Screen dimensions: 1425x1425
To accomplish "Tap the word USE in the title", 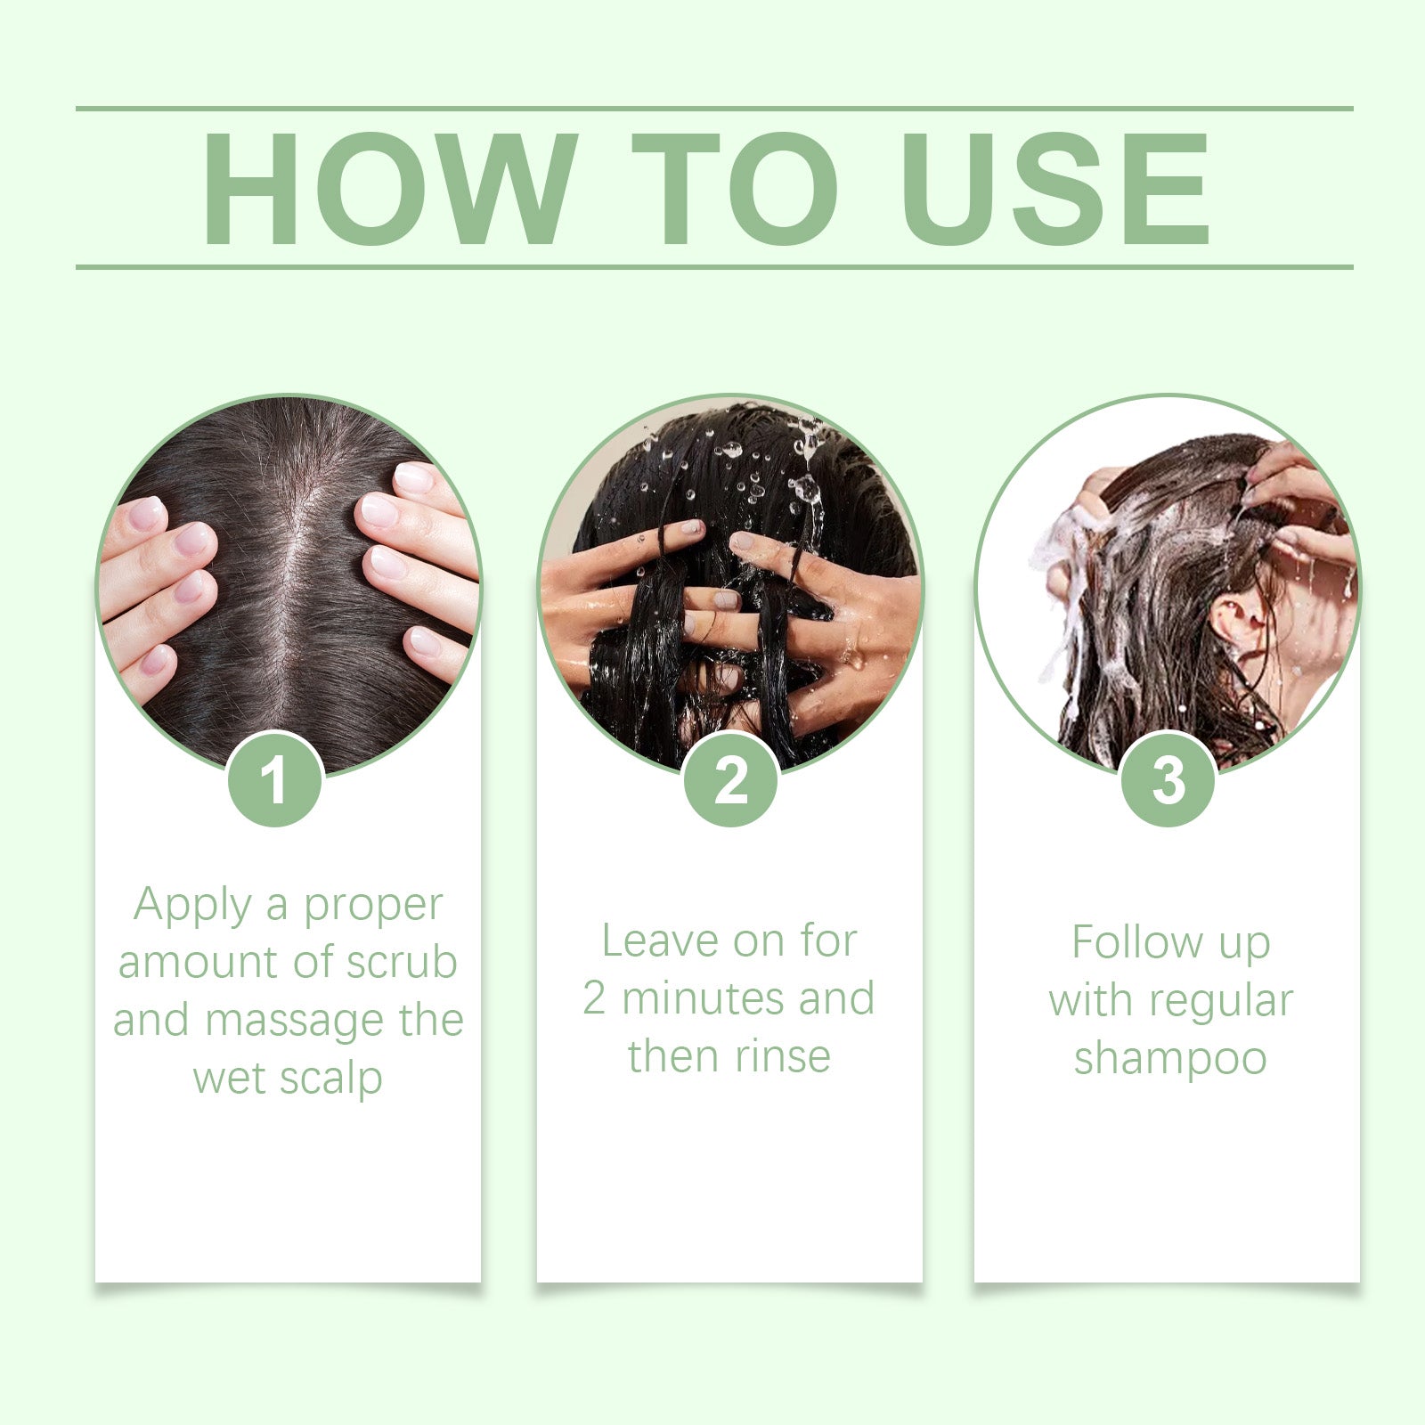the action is tap(1055, 188).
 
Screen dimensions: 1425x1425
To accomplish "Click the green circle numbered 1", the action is tap(274, 778).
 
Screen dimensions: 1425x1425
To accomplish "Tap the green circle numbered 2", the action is tap(731, 778).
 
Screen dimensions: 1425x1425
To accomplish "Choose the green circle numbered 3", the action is tap(1168, 778).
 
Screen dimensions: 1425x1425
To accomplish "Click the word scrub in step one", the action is tap(402, 962).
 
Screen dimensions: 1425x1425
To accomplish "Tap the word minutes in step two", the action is tap(704, 998).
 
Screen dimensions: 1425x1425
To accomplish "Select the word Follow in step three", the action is tap(1136, 942).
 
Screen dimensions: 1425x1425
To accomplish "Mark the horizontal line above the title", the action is tap(714, 110).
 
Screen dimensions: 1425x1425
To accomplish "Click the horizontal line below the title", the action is tap(714, 266).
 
